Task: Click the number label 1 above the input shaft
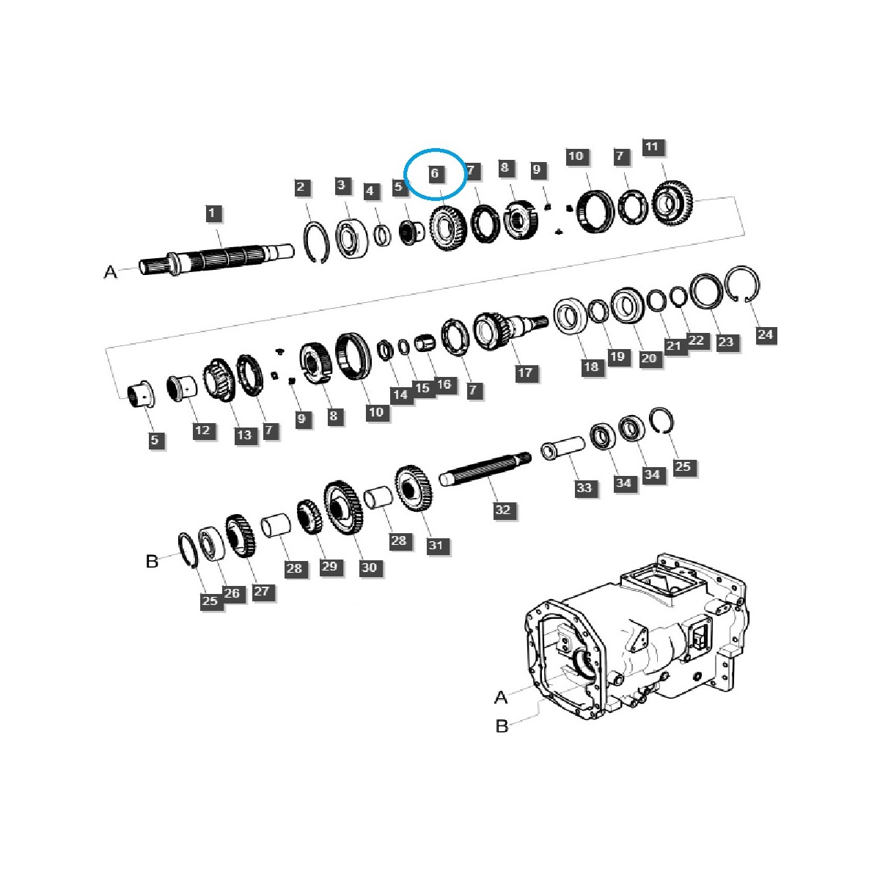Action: [x=213, y=213]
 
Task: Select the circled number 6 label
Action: [x=435, y=174]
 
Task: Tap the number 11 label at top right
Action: [x=652, y=147]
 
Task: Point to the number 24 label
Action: [x=765, y=334]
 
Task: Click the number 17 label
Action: [x=525, y=373]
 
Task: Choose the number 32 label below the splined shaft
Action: [x=502, y=510]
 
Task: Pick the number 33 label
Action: [x=584, y=488]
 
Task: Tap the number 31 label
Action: [x=436, y=545]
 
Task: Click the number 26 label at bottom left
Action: [x=232, y=593]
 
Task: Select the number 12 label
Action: [x=202, y=430]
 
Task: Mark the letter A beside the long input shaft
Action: [x=110, y=272]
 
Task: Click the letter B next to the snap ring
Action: [x=152, y=562]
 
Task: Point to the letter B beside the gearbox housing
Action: [x=502, y=726]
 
